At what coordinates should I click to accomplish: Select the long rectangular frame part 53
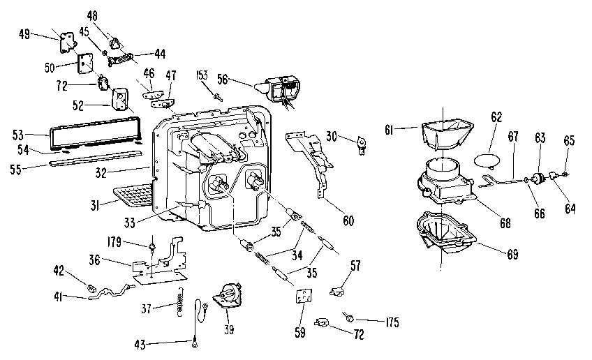[94, 134]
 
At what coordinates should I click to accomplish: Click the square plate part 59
[302, 297]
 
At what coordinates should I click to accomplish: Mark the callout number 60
[348, 221]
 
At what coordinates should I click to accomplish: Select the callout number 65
[568, 140]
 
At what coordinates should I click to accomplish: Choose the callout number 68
[504, 223]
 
